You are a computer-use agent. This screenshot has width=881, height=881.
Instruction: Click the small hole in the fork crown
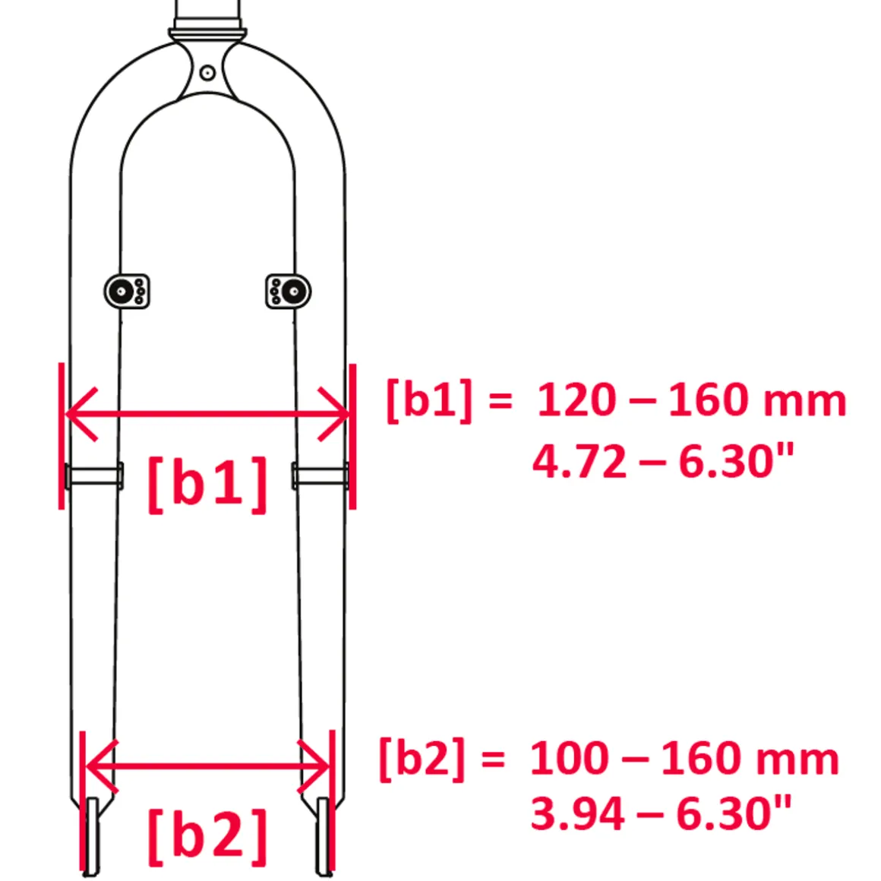coord(207,73)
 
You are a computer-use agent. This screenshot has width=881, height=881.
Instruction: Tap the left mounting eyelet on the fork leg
coord(126,291)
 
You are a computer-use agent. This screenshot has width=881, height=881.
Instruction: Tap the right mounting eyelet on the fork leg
coord(289,291)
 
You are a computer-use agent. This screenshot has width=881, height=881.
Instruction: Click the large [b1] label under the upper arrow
coord(207,484)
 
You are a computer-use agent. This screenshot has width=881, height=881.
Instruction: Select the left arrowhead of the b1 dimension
coord(81,414)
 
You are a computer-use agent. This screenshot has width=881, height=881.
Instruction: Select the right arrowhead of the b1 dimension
coord(333,414)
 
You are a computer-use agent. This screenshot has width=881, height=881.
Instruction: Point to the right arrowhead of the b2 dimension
coord(313,766)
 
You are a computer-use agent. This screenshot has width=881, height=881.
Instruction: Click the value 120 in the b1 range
coord(576,400)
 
